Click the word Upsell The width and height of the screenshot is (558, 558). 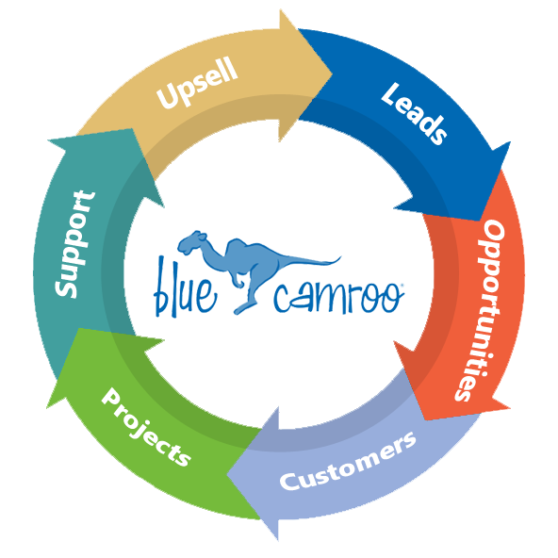(197, 83)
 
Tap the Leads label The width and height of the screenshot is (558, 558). (414, 113)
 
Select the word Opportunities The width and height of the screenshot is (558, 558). (480, 309)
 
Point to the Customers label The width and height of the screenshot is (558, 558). (348, 462)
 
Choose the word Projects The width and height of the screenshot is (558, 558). (146, 427)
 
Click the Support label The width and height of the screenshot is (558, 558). (75, 244)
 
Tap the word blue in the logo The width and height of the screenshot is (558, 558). (185, 287)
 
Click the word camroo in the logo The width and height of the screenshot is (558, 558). (338, 297)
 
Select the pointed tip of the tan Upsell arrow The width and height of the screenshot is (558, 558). (332, 74)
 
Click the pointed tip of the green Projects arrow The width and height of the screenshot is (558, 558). (46, 408)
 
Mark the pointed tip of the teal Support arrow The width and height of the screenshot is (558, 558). (48, 140)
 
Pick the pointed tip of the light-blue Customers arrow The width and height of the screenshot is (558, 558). (227, 474)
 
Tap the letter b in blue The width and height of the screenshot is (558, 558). (161, 287)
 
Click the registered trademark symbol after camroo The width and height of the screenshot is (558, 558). (402, 285)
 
